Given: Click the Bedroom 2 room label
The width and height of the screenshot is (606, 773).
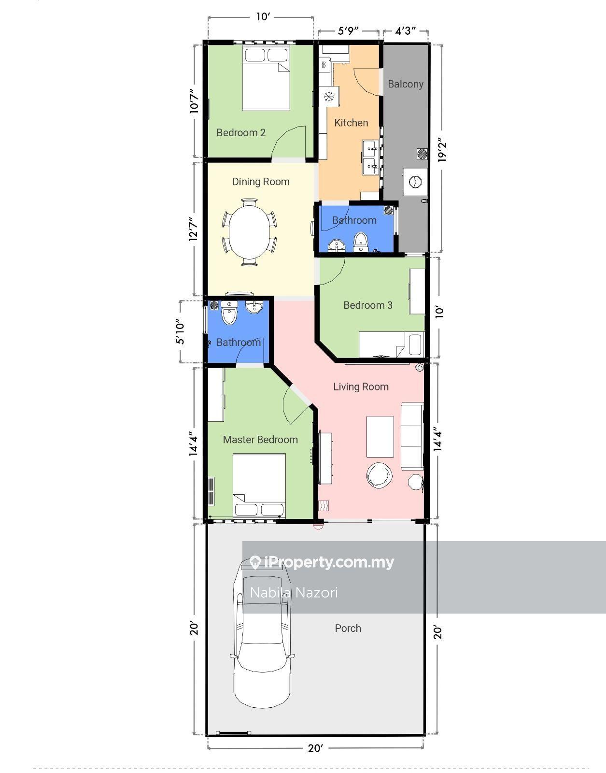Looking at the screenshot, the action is (x=241, y=133).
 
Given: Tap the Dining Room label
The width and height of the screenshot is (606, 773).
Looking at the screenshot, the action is (x=261, y=182).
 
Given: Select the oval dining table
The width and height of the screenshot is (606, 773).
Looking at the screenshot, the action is (x=249, y=232).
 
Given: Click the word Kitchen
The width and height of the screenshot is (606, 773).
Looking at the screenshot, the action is (x=351, y=123).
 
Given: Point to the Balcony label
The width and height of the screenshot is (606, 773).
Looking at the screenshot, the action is (x=406, y=85).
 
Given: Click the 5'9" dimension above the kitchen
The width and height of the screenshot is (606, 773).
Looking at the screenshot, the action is (x=348, y=31).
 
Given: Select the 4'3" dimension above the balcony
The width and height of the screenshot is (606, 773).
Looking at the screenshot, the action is (x=405, y=31).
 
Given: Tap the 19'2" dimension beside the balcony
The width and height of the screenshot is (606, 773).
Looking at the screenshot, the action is (x=441, y=150).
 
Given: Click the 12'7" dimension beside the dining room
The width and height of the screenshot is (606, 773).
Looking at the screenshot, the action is (x=194, y=229).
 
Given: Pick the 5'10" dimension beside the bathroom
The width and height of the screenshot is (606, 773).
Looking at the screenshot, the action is (x=180, y=331).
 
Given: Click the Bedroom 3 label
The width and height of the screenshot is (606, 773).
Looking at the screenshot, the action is (x=368, y=305).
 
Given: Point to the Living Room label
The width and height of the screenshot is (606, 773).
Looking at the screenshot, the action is (x=361, y=386).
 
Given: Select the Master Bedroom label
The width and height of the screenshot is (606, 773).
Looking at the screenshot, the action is (x=260, y=440).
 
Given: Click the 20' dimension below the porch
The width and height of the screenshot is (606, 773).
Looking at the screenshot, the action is (x=315, y=748).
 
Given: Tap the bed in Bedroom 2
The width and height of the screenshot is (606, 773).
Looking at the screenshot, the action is (x=266, y=78).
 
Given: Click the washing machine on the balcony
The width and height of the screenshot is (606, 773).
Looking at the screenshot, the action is (x=415, y=182).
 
